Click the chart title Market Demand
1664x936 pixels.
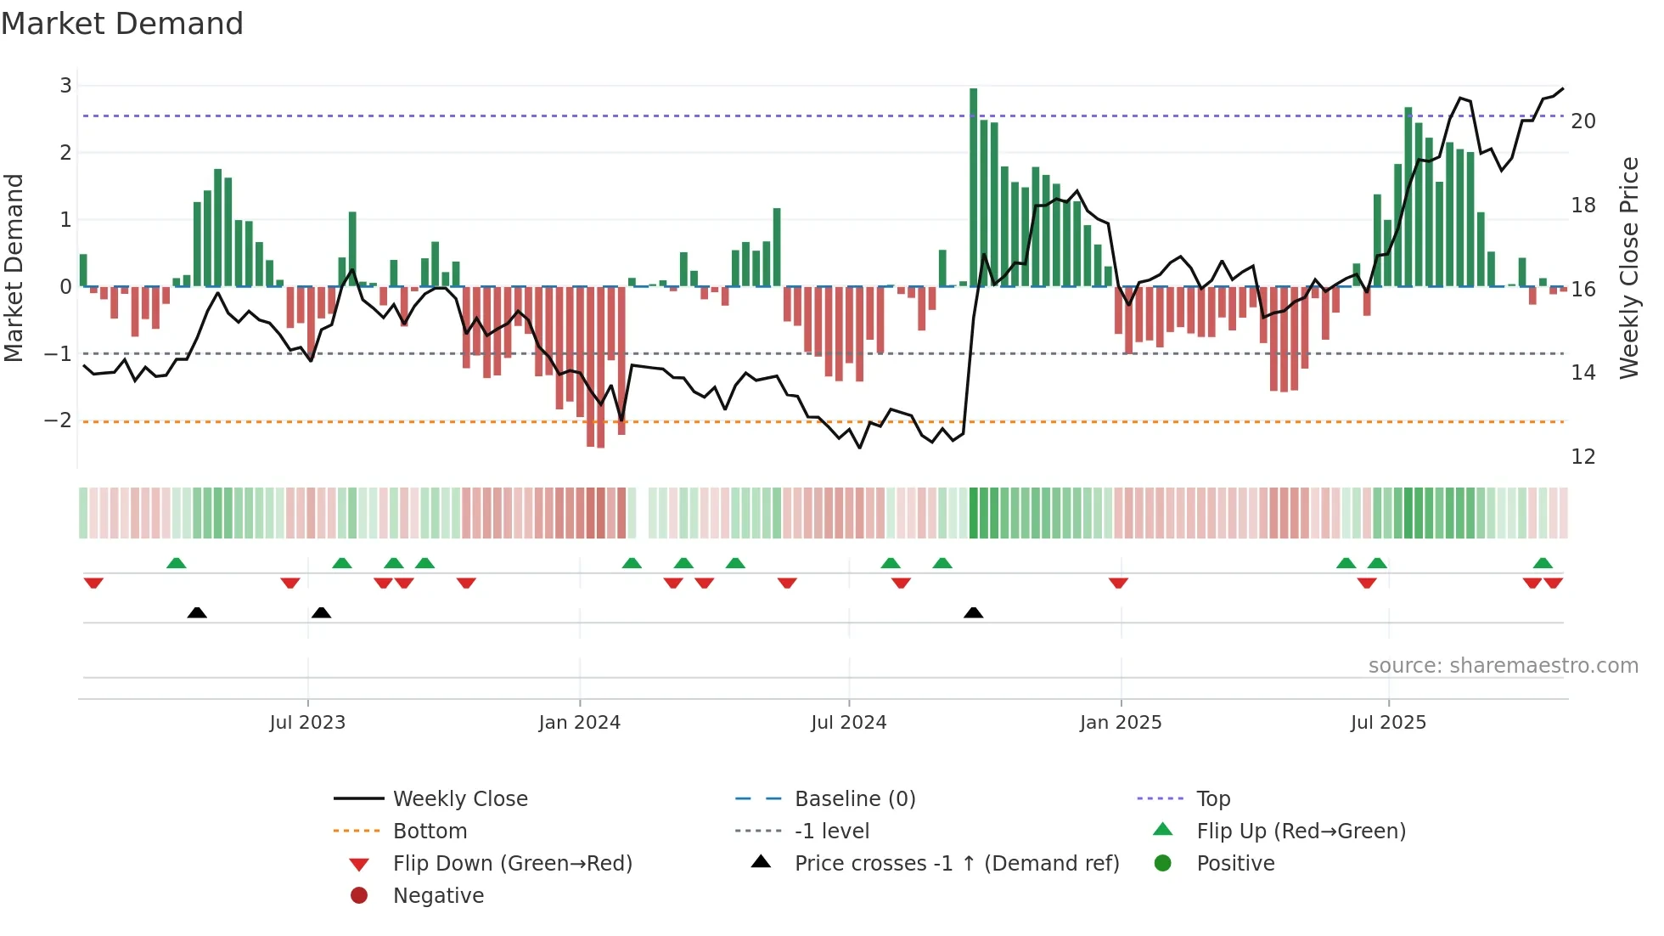[122, 24]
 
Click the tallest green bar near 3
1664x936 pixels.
[973, 187]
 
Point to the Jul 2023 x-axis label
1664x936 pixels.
[307, 723]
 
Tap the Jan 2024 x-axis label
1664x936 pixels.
[580, 723]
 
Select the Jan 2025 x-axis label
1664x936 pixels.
[1121, 723]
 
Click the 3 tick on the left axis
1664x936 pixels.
[65, 86]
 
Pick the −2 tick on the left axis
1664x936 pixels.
[58, 420]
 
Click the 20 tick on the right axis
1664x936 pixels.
[1583, 121]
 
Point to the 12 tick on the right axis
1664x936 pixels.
[1583, 457]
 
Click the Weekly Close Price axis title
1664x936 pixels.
[1628, 268]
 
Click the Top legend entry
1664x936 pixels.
[1212, 799]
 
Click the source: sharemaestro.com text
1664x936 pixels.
[1503, 666]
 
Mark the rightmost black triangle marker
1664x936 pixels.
[974, 612]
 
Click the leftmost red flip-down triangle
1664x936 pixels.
[93, 583]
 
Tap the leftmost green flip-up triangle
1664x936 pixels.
[176, 563]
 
